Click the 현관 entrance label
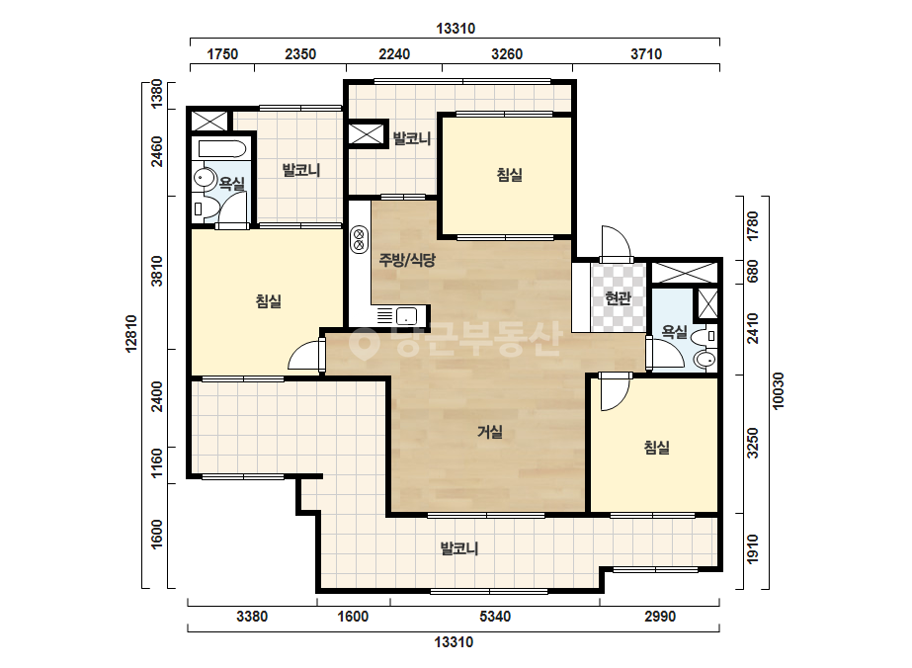coord(618,298)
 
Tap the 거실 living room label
coord(490,432)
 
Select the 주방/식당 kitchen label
coord(407,260)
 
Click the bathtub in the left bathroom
coord(222,149)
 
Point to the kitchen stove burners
coord(359,239)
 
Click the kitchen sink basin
coord(406,316)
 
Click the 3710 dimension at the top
coord(646,54)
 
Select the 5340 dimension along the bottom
coord(495,617)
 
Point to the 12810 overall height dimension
coord(131,333)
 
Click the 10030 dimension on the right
coord(779,390)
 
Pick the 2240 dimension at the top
coord(394,54)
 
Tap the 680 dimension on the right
coord(753,271)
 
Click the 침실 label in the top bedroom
coord(510,175)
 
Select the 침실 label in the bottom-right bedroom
coord(657,447)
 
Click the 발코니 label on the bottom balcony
coord(459,548)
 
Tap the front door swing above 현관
coord(616,241)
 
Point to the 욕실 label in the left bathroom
coord(231,184)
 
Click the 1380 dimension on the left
coord(157,94)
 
